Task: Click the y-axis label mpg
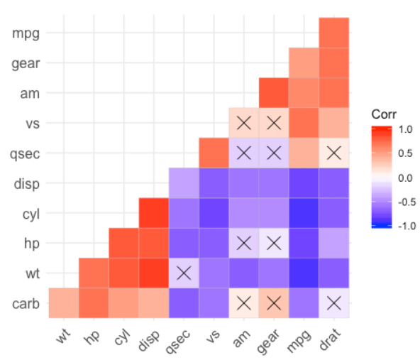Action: [27, 33]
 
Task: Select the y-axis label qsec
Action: [26, 153]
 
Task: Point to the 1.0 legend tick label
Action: [406, 130]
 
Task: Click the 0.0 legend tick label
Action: [406, 178]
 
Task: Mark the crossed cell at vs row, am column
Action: [244, 123]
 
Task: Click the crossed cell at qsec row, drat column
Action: [334, 153]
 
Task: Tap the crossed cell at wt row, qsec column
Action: [184, 273]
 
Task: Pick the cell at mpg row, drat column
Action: [334, 33]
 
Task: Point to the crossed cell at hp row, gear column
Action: [274, 243]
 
